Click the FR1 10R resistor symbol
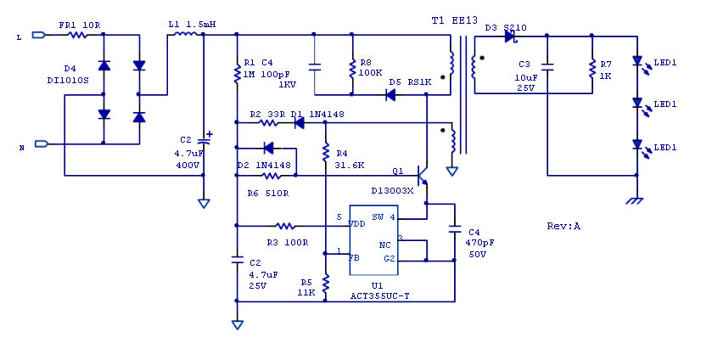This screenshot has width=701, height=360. (x=78, y=35)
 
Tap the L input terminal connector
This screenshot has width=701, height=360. (x=39, y=35)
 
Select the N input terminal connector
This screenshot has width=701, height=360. (x=41, y=143)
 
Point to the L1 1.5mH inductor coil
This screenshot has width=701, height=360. (x=185, y=33)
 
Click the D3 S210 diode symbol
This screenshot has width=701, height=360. (x=510, y=37)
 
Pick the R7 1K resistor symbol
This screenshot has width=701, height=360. (x=592, y=69)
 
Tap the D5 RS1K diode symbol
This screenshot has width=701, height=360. (x=390, y=95)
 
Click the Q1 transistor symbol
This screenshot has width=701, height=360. (x=422, y=175)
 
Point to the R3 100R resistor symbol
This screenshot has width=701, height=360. (x=285, y=226)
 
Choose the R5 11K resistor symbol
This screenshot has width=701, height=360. (x=326, y=283)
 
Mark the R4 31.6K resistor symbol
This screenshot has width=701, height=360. (x=326, y=152)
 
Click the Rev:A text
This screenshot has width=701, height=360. (x=564, y=227)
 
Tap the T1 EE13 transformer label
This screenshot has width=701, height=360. (x=455, y=20)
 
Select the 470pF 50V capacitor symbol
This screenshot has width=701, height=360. (x=455, y=229)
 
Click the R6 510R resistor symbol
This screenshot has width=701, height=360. (x=271, y=175)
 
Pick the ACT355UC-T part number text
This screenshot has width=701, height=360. (x=379, y=296)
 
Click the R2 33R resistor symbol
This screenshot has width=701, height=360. (x=269, y=122)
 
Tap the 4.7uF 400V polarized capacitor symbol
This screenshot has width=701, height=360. (x=204, y=139)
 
